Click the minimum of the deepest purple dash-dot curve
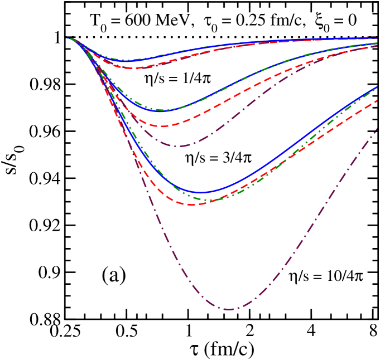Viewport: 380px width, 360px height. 229,309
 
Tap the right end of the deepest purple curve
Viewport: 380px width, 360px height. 378,129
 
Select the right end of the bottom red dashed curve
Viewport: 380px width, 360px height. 378,100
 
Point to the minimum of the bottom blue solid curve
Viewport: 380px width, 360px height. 201,193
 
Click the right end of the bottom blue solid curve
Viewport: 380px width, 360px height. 378,86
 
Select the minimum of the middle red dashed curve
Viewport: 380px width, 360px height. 162,126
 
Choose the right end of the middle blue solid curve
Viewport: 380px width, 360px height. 378,42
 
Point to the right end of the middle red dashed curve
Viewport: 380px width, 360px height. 378,46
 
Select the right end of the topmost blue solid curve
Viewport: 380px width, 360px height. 378,38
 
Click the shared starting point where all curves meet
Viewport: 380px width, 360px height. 68,38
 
